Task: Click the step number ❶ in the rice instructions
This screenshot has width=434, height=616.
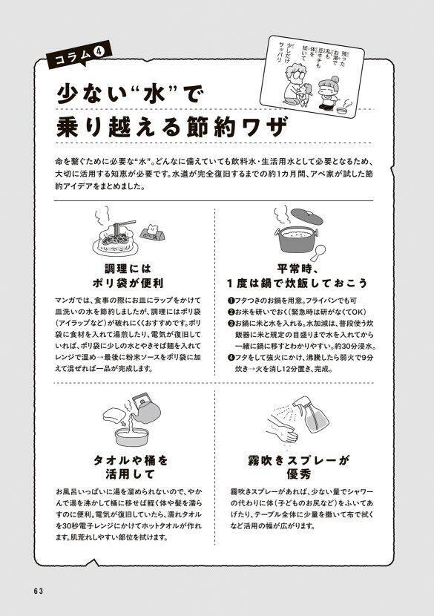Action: click(x=231, y=300)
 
